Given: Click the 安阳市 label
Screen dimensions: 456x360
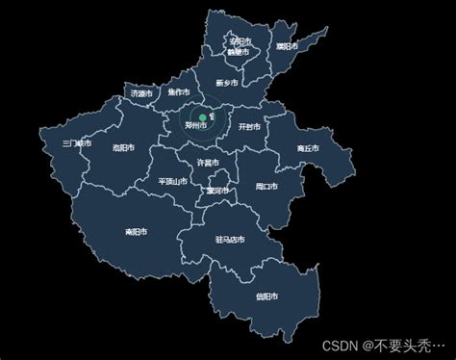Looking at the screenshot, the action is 241,42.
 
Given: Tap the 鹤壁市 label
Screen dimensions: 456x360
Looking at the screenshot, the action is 240,52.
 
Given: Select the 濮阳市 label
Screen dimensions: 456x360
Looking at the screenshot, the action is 287,46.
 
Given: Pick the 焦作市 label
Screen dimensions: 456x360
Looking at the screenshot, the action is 179,93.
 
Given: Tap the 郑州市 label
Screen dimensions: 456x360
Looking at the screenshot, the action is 196,126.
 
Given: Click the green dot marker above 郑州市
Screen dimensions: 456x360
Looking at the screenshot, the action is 202,117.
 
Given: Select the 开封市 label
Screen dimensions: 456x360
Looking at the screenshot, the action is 248,126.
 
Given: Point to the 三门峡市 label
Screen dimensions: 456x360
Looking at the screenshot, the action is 76,143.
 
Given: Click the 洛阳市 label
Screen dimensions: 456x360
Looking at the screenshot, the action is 124,148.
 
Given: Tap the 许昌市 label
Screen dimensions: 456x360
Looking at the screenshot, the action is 207,162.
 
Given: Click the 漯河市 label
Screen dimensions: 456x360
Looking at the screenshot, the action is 217,191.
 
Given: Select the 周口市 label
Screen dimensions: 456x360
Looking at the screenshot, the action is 266,186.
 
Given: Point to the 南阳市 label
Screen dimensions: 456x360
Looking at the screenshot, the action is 137,232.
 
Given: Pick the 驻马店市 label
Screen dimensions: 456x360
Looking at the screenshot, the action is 228,240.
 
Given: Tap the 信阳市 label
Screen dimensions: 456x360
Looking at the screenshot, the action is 267,296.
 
